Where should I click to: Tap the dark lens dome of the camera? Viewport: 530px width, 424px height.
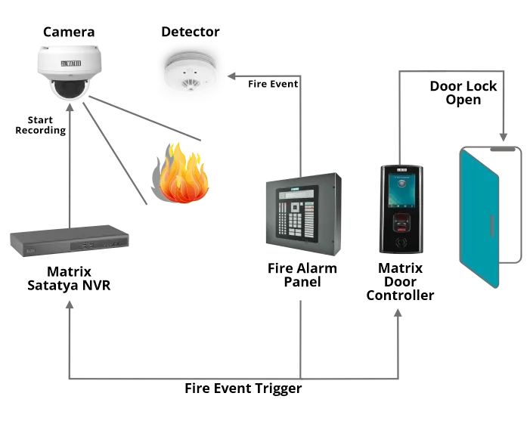pyautogui.click(x=69, y=88)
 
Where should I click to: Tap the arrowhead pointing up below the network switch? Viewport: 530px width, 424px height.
pyautogui.click(x=70, y=305)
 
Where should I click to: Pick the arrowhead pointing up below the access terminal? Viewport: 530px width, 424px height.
pyautogui.click(x=398, y=311)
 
